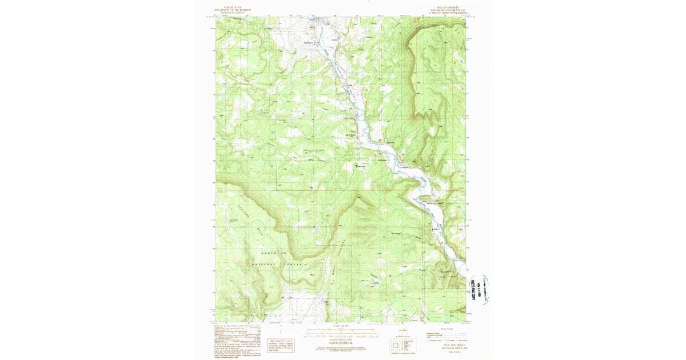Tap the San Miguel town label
pos(308,42)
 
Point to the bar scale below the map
pos(338,330)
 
